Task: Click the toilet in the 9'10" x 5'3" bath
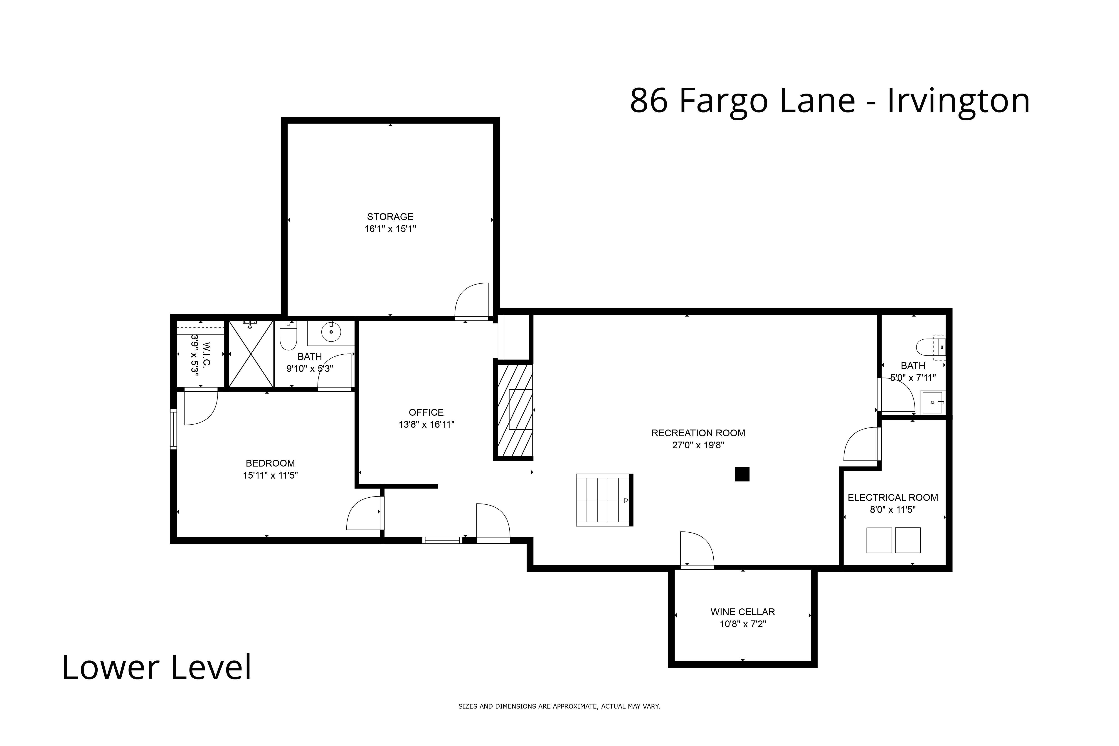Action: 288,336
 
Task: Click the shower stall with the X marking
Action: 251,353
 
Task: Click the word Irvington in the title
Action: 958,101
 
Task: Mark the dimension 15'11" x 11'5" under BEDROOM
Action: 270,475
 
